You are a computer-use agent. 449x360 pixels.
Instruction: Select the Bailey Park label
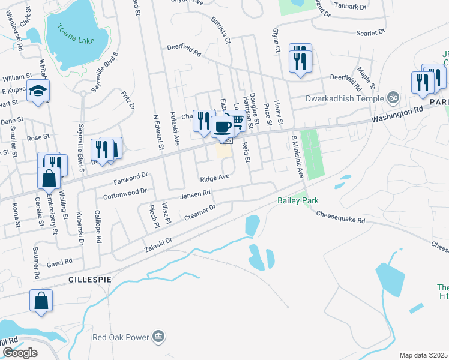coord(297,200)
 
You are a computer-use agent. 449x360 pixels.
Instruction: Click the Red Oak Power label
coord(121,336)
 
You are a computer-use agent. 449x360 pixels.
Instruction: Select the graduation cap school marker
coord(38,91)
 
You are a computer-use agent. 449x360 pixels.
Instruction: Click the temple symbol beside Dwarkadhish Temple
coord(393,96)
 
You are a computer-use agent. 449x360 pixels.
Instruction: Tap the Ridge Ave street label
coord(215,178)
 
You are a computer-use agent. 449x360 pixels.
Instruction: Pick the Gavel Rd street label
coord(59,262)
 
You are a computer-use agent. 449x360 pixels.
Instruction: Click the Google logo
coord(20,353)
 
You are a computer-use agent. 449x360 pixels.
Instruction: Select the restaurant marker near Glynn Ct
coord(300,59)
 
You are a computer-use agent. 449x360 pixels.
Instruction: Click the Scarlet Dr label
coord(370,34)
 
